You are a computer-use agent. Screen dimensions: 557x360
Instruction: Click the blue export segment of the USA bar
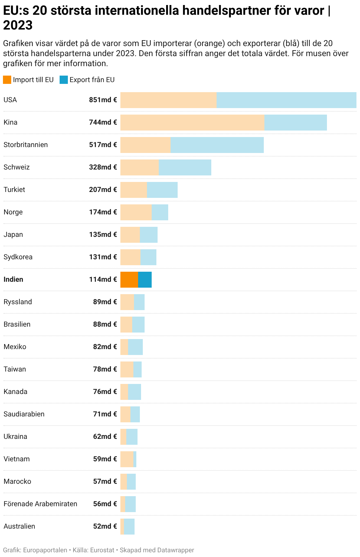click(286, 100)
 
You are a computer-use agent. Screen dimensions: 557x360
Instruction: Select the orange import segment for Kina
click(192, 122)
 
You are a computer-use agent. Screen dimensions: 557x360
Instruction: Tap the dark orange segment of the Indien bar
click(129, 279)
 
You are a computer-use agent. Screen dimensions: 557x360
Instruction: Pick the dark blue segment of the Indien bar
click(145, 279)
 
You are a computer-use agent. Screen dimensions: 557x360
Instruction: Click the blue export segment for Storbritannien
click(217, 145)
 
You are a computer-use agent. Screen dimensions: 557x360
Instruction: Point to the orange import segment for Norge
click(136, 212)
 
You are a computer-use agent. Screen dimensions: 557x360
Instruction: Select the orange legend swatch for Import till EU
click(7, 80)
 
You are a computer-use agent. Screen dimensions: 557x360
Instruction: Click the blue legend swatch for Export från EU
click(63, 80)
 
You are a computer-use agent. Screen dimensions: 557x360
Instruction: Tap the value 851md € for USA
click(103, 100)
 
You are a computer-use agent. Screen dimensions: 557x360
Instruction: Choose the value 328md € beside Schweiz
click(103, 167)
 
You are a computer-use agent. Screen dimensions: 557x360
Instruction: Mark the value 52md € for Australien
click(105, 526)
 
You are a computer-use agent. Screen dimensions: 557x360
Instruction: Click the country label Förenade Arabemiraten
click(40, 504)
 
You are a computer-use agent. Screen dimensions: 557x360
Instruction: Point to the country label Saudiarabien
click(24, 414)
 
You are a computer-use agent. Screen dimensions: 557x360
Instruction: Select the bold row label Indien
click(13, 279)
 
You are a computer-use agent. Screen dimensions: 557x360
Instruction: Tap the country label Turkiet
click(14, 190)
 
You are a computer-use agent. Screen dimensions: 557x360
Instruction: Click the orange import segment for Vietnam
click(127, 459)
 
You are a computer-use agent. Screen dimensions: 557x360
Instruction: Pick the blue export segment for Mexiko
click(135, 347)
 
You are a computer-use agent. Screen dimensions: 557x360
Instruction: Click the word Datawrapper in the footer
click(176, 550)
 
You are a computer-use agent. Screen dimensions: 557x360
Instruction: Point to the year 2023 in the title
click(18, 25)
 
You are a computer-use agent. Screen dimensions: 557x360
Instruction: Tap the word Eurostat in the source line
click(102, 550)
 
